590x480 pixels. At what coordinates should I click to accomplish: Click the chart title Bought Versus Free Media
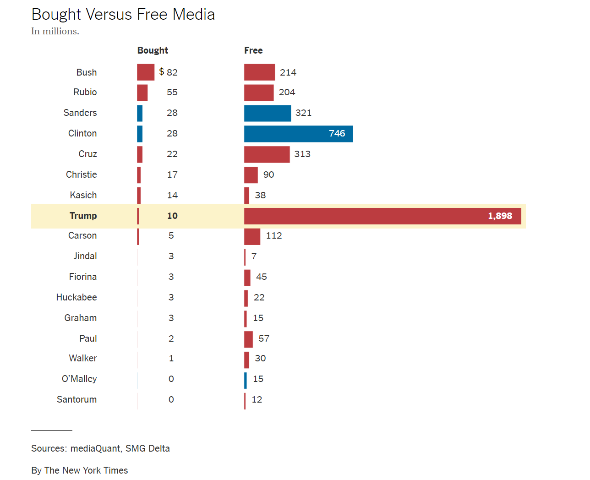(123, 15)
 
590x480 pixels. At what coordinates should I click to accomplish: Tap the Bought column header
(153, 50)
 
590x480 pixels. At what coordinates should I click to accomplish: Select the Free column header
(253, 50)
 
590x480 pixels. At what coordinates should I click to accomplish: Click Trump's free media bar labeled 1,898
(382, 216)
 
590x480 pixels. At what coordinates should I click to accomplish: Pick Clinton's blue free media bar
(298, 134)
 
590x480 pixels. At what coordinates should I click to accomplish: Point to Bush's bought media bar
(146, 72)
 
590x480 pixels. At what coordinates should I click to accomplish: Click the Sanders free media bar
(268, 113)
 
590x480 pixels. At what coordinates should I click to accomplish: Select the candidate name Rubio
(85, 92)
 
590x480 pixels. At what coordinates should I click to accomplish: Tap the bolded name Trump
(83, 216)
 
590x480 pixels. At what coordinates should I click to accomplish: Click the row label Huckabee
(76, 297)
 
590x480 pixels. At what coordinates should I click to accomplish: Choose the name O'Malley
(79, 379)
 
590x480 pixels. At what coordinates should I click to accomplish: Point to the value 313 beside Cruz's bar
(302, 154)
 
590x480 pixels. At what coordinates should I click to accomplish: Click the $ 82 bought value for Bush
(169, 72)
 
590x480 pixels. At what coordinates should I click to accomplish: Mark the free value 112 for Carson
(274, 235)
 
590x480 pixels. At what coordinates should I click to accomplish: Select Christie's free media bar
(251, 175)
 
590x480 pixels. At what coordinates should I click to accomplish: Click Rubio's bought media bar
(142, 93)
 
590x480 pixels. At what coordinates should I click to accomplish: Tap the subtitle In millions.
(55, 31)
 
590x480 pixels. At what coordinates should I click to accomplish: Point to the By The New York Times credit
(79, 470)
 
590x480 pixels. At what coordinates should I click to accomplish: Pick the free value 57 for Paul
(264, 338)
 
